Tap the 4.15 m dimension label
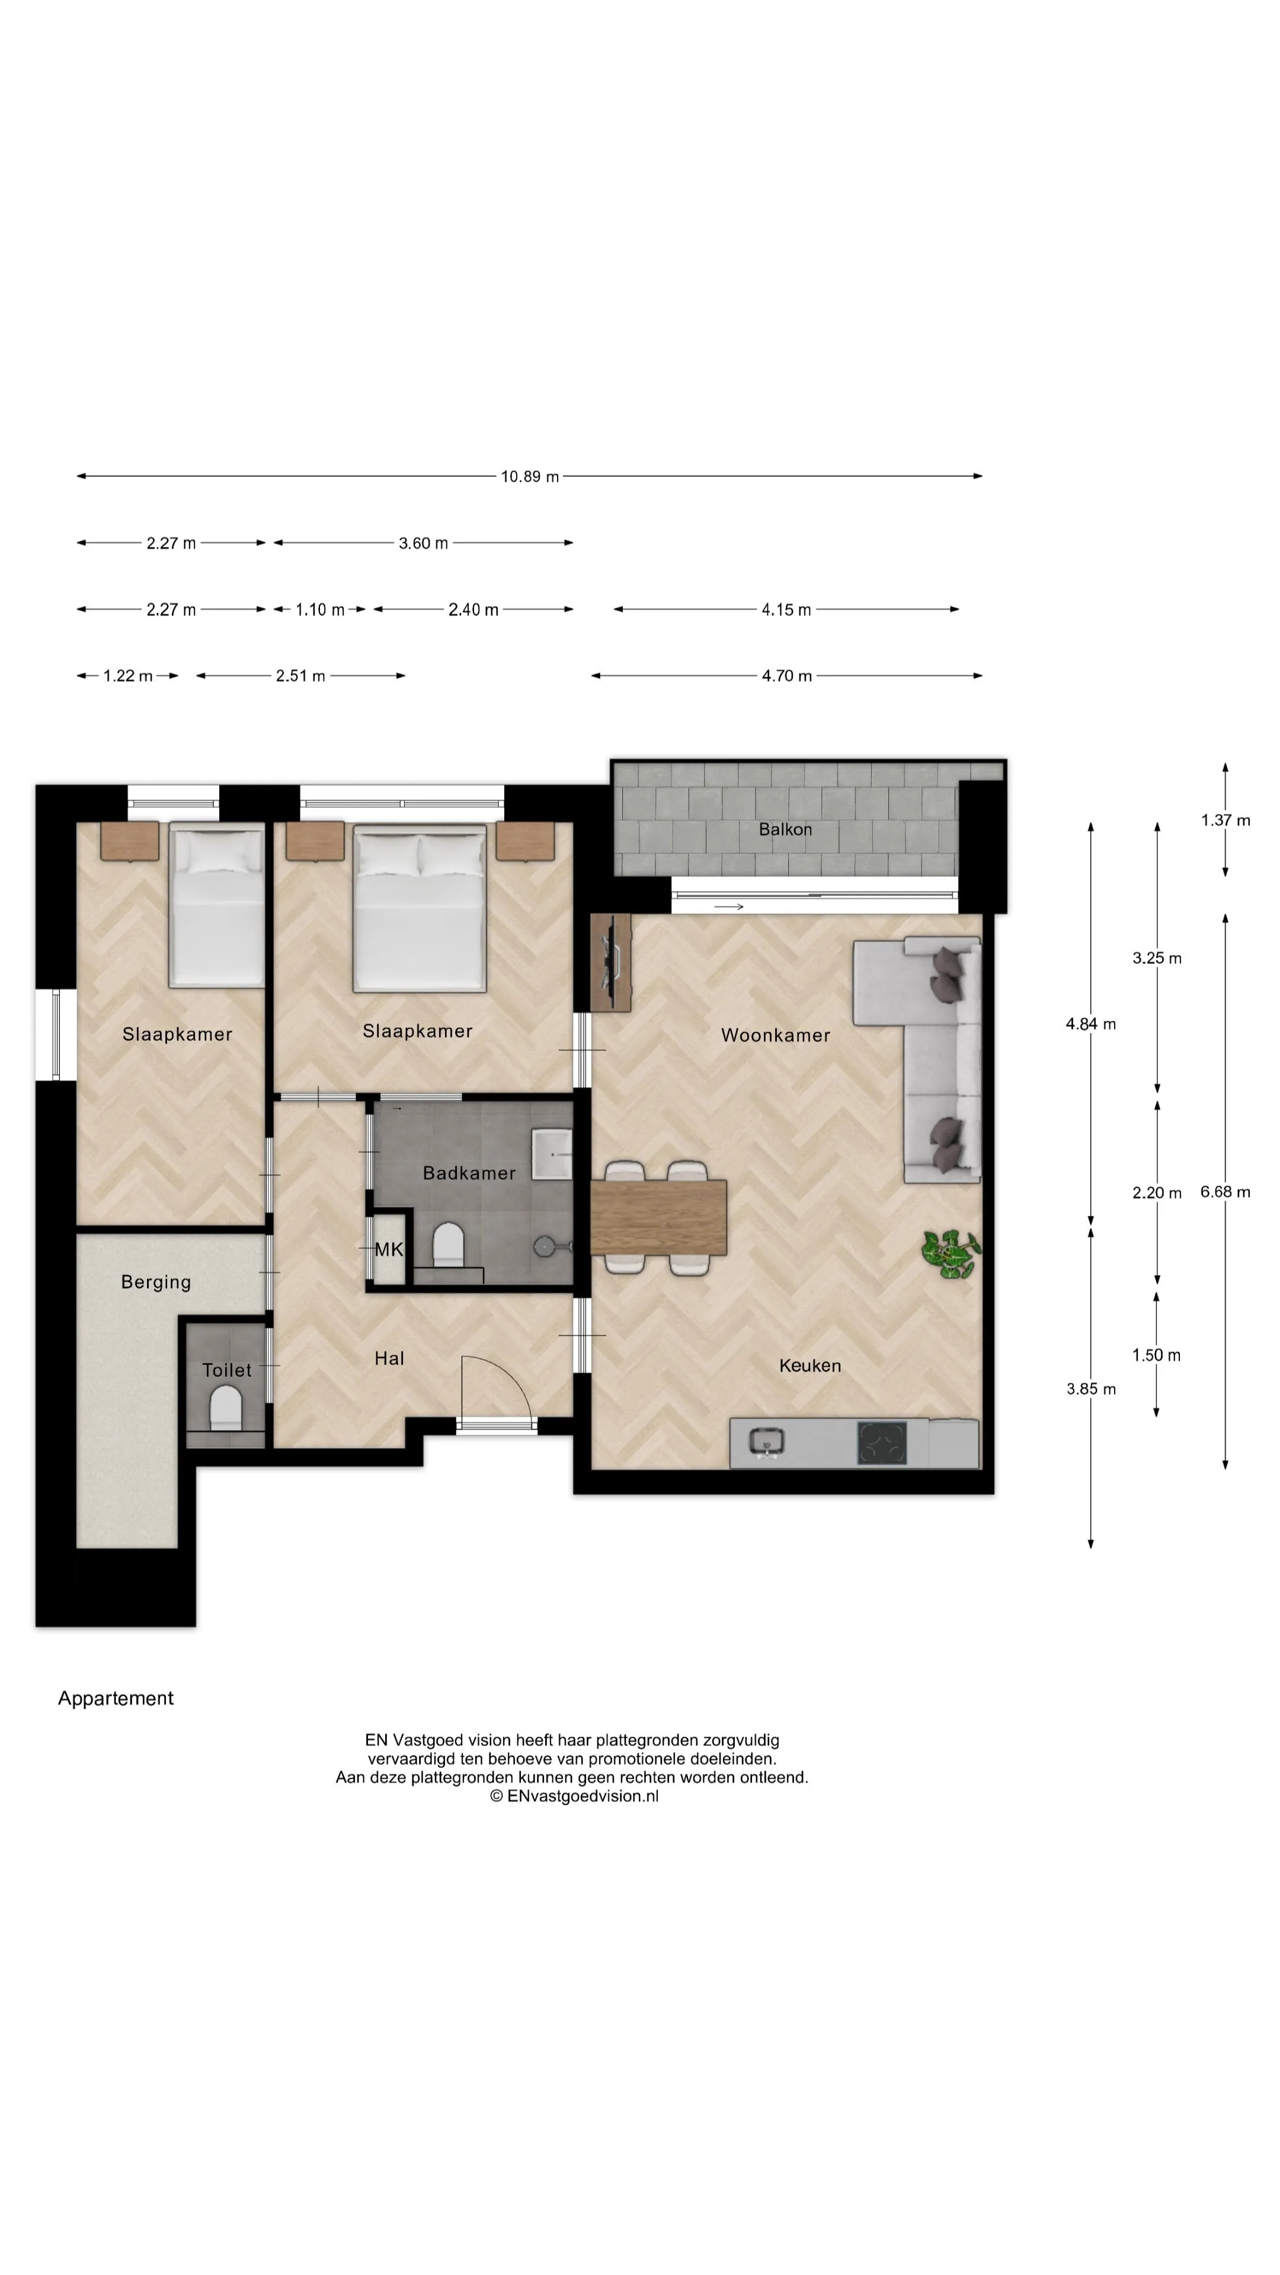point(786,610)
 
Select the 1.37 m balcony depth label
point(1225,821)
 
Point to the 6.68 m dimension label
point(1225,1192)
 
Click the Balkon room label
point(785,829)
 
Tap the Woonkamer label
point(776,1035)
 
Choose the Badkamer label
point(469,1173)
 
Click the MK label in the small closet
point(389,1249)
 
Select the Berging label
point(156,1282)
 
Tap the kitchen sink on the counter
point(766,1442)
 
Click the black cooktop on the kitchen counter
point(882,1442)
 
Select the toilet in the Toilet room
point(226,1408)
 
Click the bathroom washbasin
point(551,1153)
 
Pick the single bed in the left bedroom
point(216,904)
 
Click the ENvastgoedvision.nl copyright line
point(574,1796)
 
